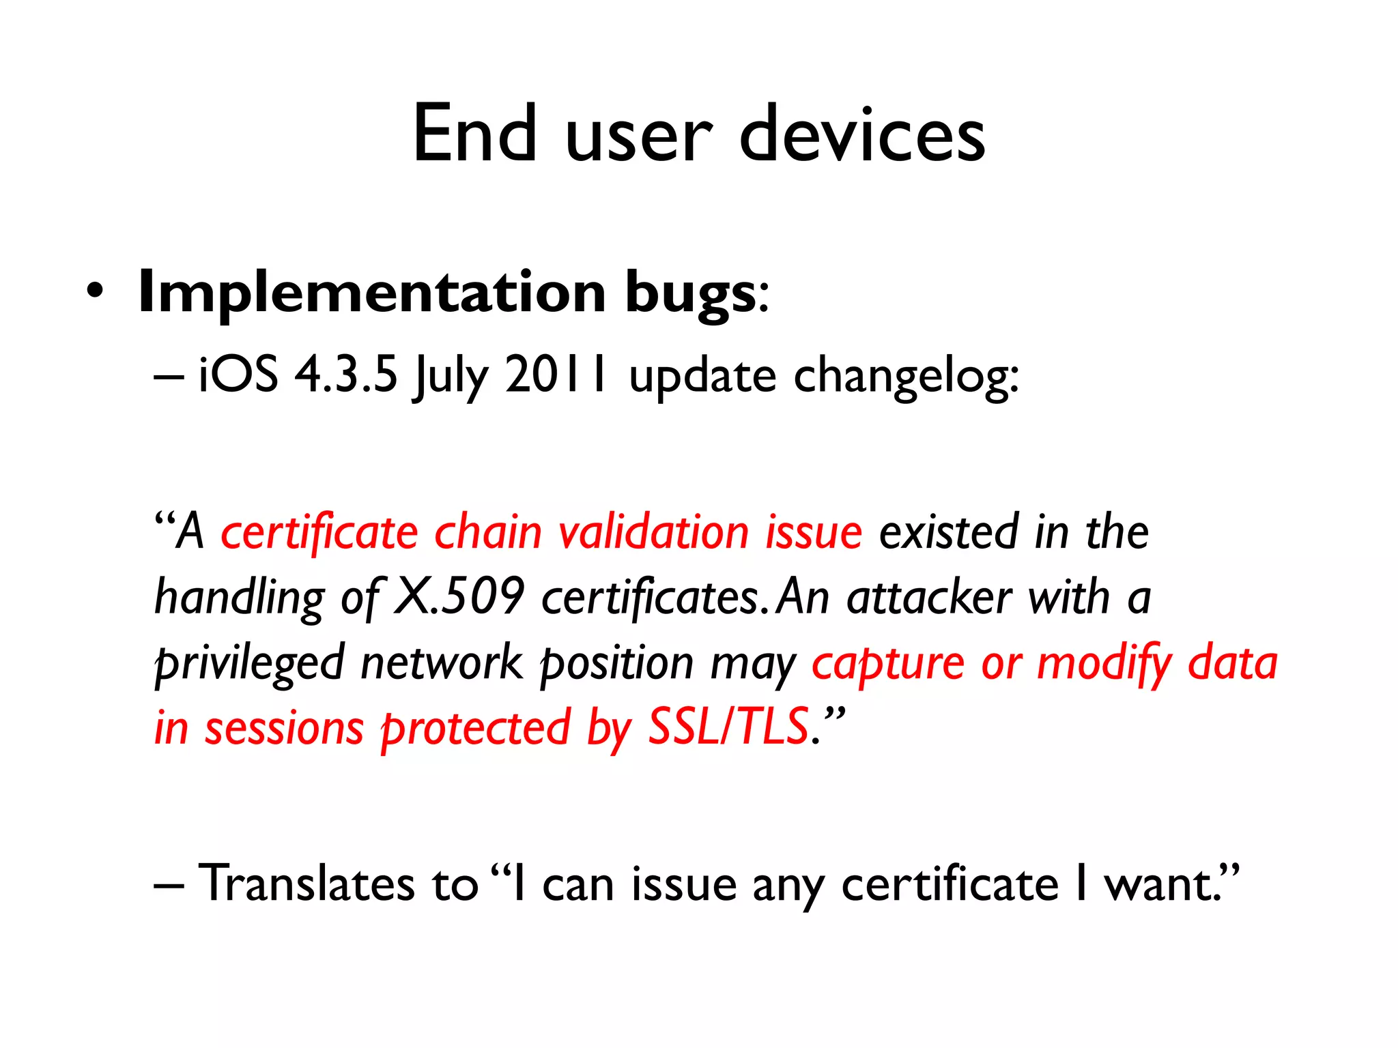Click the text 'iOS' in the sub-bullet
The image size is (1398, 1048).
[x=238, y=375]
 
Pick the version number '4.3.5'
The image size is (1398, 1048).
[x=345, y=375]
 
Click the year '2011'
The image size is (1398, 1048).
[x=555, y=375]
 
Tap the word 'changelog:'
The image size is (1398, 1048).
[x=907, y=377]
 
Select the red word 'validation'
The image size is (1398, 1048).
[x=654, y=532]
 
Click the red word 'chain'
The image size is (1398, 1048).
[x=488, y=532]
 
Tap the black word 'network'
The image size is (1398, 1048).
[x=441, y=663]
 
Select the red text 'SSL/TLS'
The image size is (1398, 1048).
[x=728, y=727]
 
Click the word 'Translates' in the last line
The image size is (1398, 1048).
[x=306, y=884]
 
